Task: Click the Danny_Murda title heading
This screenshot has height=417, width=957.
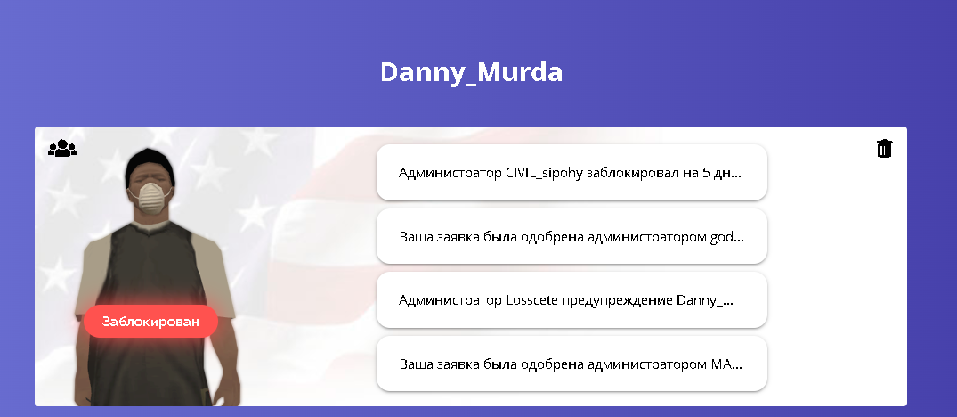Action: (x=471, y=73)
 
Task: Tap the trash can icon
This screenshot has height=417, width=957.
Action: (x=884, y=149)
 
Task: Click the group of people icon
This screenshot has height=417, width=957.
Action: (x=62, y=149)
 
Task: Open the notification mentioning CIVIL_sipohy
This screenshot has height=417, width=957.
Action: (x=572, y=173)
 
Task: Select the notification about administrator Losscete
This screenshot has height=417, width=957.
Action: (x=572, y=300)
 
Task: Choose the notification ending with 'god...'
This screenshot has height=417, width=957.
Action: (x=572, y=237)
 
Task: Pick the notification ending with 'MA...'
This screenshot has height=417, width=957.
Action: (x=572, y=364)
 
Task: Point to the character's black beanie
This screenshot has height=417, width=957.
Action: (x=150, y=164)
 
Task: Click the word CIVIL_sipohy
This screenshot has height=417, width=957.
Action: (x=544, y=174)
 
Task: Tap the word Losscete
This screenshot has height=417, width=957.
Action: (x=532, y=300)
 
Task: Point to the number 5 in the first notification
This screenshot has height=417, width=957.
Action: (x=706, y=174)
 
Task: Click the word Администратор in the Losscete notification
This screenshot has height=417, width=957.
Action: (x=450, y=301)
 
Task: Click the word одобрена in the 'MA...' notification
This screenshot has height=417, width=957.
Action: (x=551, y=364)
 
